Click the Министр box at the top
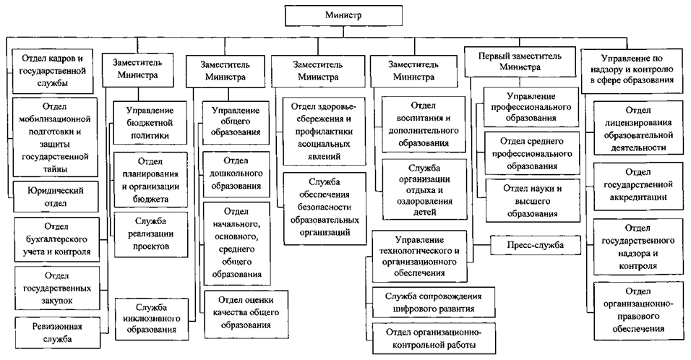(x=344, y=14)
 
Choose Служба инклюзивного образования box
(x=150, y=317)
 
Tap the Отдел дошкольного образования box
(x=232, y=173)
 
